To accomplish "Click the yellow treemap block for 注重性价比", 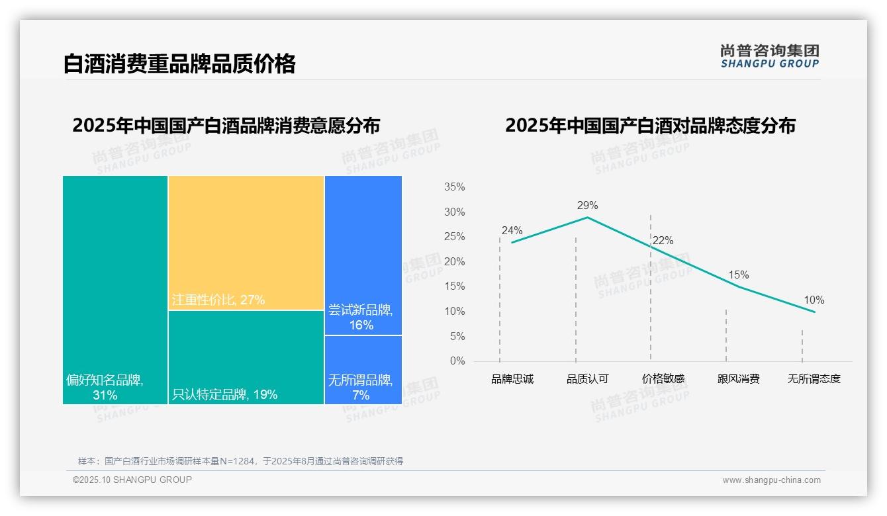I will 246,242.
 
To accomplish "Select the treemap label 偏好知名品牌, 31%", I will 105,388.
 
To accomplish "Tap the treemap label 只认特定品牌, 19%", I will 224,395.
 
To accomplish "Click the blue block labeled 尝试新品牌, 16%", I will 363,255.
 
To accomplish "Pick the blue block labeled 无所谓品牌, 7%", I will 363,369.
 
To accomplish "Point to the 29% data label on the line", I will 587,205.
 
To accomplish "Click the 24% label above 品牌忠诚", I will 512,231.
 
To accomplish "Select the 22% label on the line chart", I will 663,241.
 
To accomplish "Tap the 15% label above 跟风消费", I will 738,275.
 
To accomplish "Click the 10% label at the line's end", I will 814,300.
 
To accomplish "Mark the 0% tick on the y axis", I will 457,361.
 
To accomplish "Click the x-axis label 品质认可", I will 587,380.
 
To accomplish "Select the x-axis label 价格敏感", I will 663,380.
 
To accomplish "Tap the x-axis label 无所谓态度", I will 814,380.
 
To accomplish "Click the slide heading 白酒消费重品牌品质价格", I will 179,64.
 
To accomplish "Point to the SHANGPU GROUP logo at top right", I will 769,56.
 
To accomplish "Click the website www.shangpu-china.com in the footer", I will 771,480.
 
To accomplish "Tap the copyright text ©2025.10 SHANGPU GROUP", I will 132,480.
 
